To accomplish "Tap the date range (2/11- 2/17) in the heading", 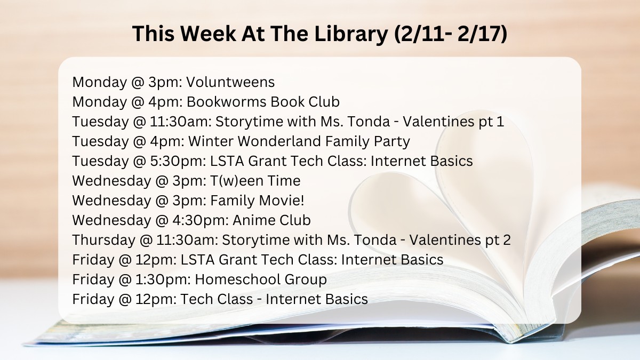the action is click(451, 34).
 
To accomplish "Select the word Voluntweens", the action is click(230, 82).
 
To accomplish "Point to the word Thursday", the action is click(103, 241).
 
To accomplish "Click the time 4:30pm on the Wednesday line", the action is click(201, 221).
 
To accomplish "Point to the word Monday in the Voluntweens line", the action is click(100, 83).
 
